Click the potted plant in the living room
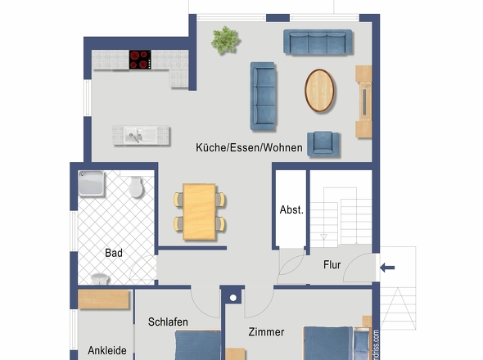(224, 39)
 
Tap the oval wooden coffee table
(320, 90)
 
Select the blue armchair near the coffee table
(323, 143)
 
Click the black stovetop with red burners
(140, 59)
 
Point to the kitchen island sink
(137, 135)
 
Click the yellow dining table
(200, 211)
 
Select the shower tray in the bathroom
(93, 184)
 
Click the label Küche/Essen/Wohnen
(249, 148)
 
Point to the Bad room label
(114, 254)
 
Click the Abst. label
(291, 209)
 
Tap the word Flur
(332, 264)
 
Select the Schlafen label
(169, 322)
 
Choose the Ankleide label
(107, 351)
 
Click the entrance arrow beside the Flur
(388, 267)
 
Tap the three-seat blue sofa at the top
(318, 43)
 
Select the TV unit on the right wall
(364, 101)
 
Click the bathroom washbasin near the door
(100, 279)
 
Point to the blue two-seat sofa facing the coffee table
(264, 96)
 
